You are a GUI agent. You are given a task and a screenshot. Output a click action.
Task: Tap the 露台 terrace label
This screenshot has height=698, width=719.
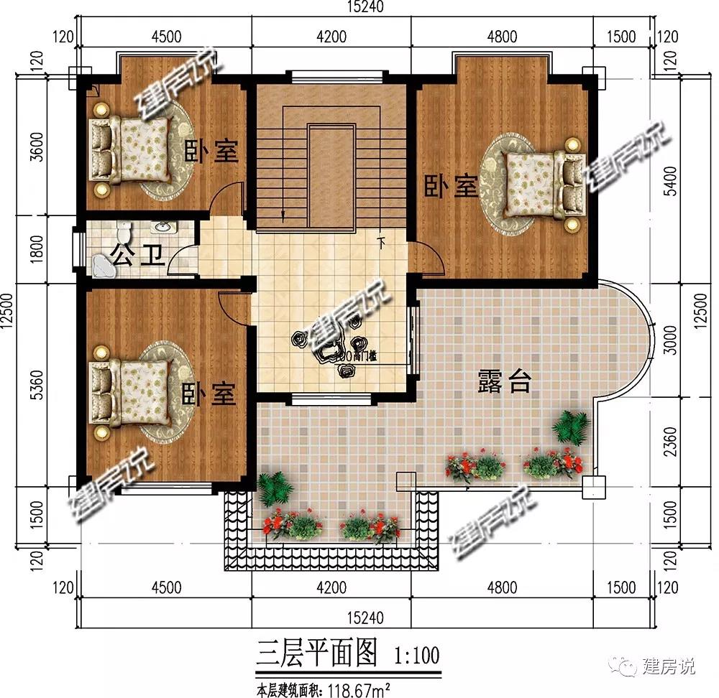pos(504,383)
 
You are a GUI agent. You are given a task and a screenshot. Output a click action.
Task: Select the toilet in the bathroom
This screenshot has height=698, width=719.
pos(124,233)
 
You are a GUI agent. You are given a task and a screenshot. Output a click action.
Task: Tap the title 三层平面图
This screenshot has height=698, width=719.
pos(315,655)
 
